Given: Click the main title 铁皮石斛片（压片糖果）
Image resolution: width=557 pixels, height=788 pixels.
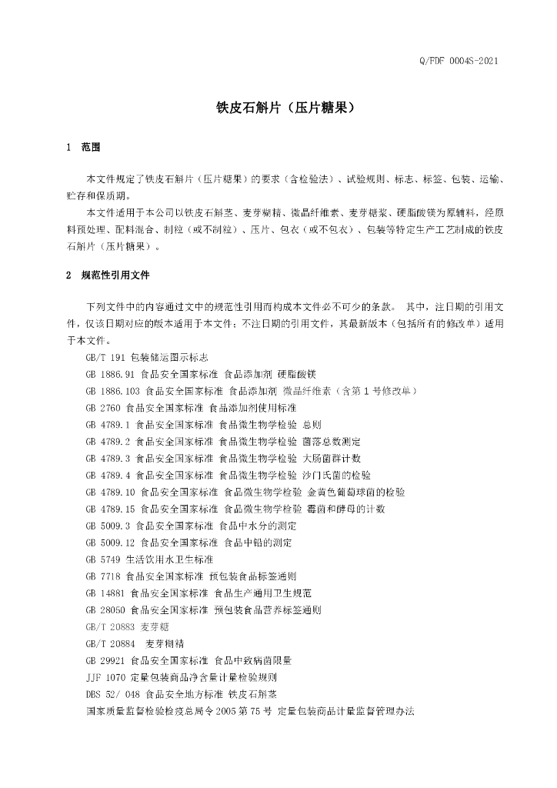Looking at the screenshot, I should point(278,109).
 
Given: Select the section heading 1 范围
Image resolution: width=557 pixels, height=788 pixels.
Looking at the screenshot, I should point(85,147).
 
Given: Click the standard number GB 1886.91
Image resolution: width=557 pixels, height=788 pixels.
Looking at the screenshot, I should point(112,375).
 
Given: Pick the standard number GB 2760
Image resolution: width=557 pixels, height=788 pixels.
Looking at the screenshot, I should point(104,408).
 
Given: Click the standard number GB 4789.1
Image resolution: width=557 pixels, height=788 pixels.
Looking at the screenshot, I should point(108,425).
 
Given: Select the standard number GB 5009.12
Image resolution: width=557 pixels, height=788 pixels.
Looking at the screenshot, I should point(112,543).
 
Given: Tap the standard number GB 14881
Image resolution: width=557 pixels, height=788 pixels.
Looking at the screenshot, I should point(106,593).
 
